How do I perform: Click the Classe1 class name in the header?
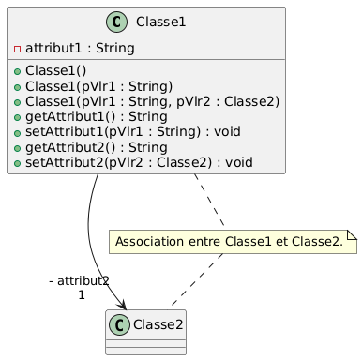(160, 22)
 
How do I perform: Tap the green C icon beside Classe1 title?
(116, 22)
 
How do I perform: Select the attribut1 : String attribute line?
(80, 49)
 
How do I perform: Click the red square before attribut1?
(17, 49)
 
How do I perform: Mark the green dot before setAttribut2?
(17, 163)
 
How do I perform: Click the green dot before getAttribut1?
(17, 117)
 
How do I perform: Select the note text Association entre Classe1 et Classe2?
(229, 242)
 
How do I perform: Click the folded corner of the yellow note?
(353, 234)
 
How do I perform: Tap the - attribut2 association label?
(79, 281)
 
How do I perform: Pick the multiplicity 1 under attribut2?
(82, 295)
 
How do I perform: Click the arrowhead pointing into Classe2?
(122, 305)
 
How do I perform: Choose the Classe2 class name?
(158, 324)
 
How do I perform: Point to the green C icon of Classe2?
(119, 324)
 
